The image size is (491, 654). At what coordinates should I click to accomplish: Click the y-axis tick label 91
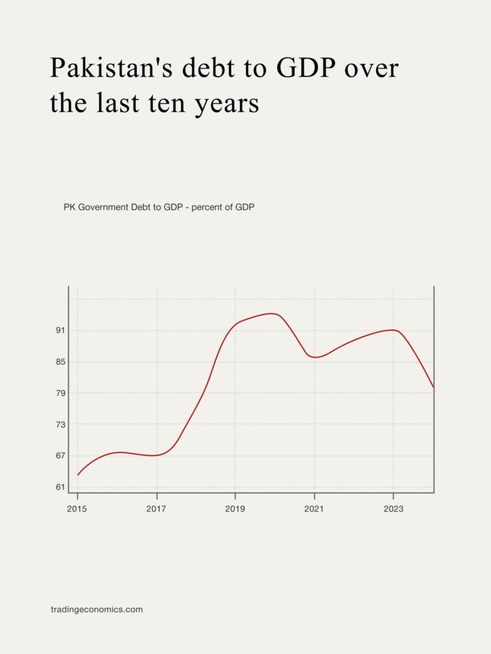61,331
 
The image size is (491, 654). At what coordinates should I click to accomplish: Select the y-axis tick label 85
61,362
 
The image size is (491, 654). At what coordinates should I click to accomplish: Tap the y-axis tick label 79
61,393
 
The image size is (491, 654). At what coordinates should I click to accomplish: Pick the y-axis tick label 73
61,425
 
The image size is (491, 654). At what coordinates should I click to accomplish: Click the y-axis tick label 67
61,456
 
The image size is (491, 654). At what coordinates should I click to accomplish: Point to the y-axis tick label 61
61,487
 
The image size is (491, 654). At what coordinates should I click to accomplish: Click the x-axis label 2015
77,509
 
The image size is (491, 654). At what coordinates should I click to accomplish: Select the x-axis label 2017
157,509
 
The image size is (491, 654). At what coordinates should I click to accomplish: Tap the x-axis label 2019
235,509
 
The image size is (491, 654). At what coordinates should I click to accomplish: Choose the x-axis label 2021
314,509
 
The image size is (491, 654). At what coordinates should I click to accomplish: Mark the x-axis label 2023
393,509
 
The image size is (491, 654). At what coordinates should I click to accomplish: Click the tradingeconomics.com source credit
97,610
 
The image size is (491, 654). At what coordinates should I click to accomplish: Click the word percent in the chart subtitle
206,208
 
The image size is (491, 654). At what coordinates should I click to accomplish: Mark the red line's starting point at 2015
78,475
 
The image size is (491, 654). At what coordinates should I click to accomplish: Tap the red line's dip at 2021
315,357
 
